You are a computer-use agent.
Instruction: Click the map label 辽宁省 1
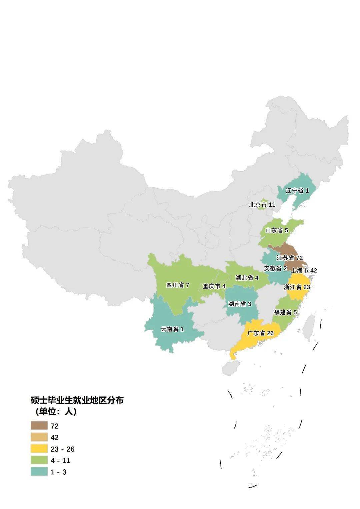[x=297, y=191]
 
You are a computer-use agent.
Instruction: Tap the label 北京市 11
[x=262, y=205]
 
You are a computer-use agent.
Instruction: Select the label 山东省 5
[x=276, y=230]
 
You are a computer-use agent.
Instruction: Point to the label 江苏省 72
[x=289, y=258]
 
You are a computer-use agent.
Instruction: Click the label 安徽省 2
[x=275, y=268]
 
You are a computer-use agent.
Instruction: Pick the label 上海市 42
[x=304, y=270]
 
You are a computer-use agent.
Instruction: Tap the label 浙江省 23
[x=297, y=287]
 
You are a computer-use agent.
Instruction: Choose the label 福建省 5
[x=285, y=312]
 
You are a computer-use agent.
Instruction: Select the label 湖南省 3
[x=240, y=304]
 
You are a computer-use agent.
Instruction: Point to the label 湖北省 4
[x=247, y=278]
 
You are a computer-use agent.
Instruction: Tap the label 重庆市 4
[x=214, y=286]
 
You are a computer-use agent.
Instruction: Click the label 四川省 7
[x=178, y=285]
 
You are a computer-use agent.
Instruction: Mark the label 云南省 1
[x=172, y=329]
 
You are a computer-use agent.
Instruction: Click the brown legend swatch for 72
[x=39, y=426]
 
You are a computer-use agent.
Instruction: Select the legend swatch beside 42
[x=39, y=437]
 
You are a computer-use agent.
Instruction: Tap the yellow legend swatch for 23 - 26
[x=39, y=449]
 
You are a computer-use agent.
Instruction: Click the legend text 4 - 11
[x=60, y=461]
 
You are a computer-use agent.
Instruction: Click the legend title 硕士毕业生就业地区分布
[x=77, y=400]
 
